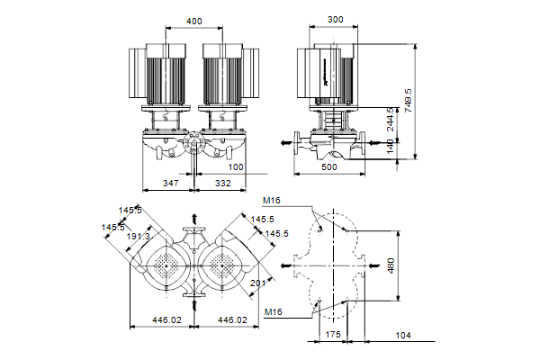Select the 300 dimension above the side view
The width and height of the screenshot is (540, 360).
pos(336,20)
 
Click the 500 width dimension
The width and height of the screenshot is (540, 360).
pos(329,167)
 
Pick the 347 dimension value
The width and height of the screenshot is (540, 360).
pos(170,184)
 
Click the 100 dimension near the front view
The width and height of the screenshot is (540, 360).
pos(236,167)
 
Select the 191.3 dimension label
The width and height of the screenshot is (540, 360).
pos(138,236)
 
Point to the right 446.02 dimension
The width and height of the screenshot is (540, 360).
pos(232,319)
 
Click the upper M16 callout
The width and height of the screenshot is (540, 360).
pos(273,201)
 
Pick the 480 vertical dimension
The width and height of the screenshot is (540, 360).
pos(390,266)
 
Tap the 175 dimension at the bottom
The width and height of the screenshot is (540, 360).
pos(331,335)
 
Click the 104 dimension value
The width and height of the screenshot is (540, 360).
pos(402,335)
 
